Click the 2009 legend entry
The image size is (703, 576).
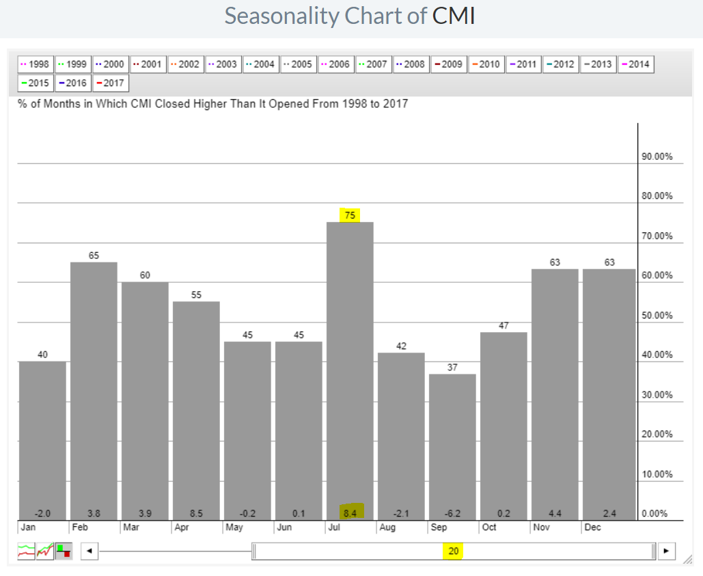pyautogui.click(x=447, y=64)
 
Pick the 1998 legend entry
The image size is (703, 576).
pyautogui.click(x=35, y=64)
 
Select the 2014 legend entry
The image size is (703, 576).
pyautogui.click(x=635, y=64)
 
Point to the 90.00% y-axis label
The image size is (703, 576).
pyautogui.click(x=657, y=156)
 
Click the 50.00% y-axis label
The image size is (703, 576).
pyautogui.click(x=657, y=316)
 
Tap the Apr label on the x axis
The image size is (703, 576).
pyautogui.click(x=181, y=528)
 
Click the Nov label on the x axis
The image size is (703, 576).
pyautogui.click(x=540, y=528)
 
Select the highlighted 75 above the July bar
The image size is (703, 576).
pyautogui.click(x=350, y=215)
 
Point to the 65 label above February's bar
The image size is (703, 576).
pyautogui.click(x=94, y=256)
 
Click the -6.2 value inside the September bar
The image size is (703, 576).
pyautogui.click(x=452, y=513)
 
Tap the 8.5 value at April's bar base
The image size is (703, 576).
pyautogui.click(x=196, y=513)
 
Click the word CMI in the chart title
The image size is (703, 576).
pyautogui.click(x=453, y=16)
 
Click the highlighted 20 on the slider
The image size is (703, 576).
pyautogui.click(x=454, y=551)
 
